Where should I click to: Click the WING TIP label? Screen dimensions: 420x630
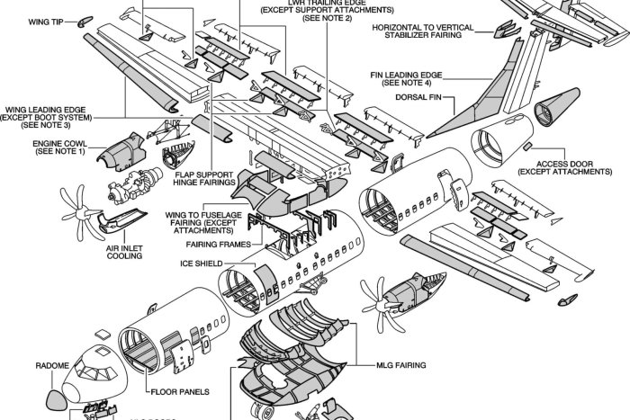(x=44, y=19)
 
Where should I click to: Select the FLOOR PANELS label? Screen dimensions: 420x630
(x=181, y=392)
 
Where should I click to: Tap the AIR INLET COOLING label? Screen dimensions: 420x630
(x=123, y=251)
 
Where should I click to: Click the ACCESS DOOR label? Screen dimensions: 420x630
(x=576, y=168)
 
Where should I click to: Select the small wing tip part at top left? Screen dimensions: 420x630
(x=86, y=20)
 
